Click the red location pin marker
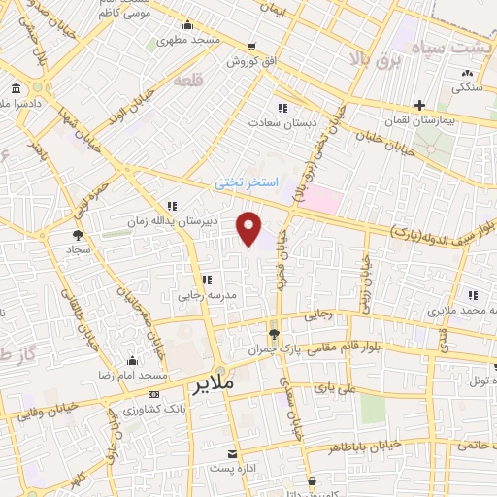[x=249, y=227]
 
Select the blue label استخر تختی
[x=247, y=182]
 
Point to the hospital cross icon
[x=419, y=105]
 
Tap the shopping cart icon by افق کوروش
[x=251, y=47]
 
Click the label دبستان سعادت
[x=277, y=123]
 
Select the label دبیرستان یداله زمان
[x=172, y=221]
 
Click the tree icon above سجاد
[x=78, y=234]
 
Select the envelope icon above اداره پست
[x=231, y=453]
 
